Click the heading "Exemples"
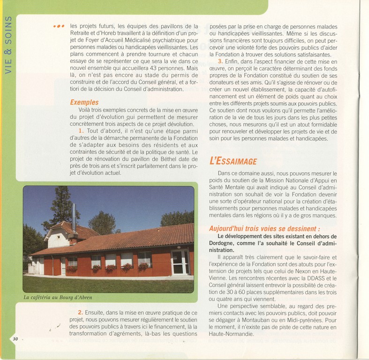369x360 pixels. pos(84,102)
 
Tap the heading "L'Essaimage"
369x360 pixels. pos(233,161)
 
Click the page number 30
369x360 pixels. pos(15,339)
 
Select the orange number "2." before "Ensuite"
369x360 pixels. pos(81,312)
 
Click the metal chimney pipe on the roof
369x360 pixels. pos(74,218)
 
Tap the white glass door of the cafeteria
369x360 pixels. pos(179,262)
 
